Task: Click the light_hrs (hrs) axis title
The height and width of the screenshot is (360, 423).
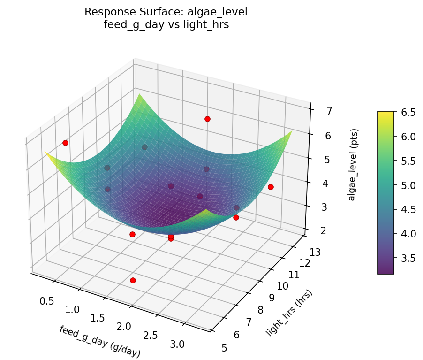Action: click(289, 313)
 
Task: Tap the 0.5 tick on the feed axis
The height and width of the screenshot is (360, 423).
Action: click(46, 300)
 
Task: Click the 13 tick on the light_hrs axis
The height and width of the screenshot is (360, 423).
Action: click(316, 253)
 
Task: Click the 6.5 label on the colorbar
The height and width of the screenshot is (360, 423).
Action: click(408, 112)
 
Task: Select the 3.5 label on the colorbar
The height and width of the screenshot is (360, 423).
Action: click(408, 258)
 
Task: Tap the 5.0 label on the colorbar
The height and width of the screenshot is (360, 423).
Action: click(408, 185)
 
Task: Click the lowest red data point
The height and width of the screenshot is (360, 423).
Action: click(133, 280)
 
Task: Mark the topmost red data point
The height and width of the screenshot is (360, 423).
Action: click(207, 119)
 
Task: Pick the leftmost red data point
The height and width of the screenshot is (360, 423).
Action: click(65, 143)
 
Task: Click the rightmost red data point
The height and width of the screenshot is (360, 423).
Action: click(271, 187)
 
